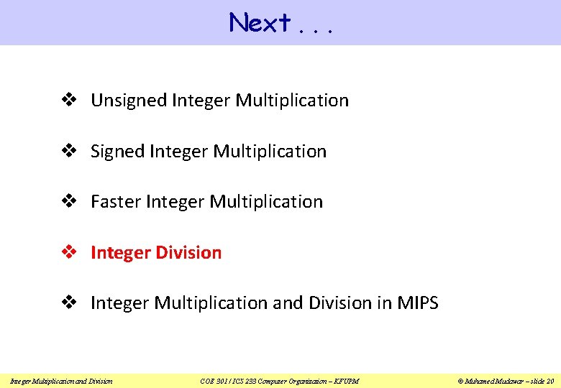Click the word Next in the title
(259, 24)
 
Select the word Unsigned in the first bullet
(129, 101)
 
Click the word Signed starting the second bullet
(117, 152)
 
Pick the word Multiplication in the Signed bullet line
(270, 152)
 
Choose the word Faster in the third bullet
(116, 202)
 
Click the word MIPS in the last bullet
(417, 303)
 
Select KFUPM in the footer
(346, 381)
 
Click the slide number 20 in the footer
(549, 381)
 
